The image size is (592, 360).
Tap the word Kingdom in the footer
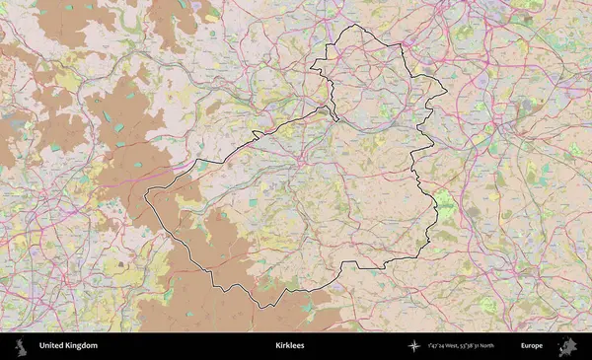tap(82, 346)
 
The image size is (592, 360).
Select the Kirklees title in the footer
tap(290, 346)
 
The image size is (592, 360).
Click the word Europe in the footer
tap(532, 346)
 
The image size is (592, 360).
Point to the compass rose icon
tap(414, 346)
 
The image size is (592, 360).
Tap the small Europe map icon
tap(567, 346)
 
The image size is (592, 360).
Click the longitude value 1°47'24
tap(438, 346)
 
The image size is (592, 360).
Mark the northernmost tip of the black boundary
tap(356, 25)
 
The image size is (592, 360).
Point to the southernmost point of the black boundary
tap(262, 308)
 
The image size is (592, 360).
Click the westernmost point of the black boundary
tap(145, 195)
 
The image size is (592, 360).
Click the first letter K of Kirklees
tap(277, 346)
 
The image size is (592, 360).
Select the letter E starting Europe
tap(523, 346)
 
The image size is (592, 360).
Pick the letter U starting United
tap(41, 346)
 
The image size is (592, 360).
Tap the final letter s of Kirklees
tap(303, 346)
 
